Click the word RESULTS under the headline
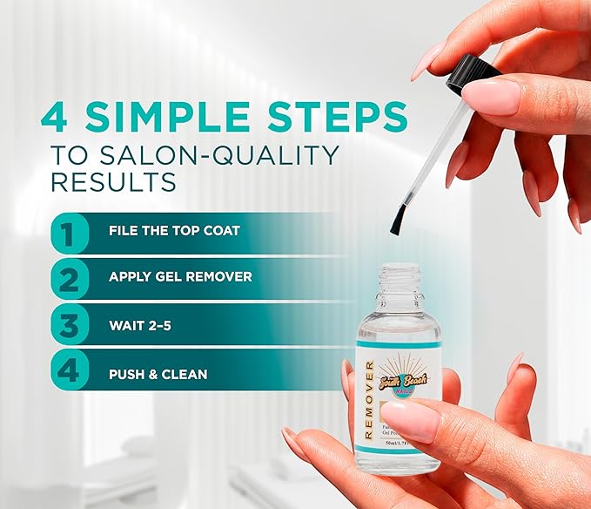[x=113, y=183]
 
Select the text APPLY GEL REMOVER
[x=180, y=277]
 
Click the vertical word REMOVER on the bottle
[x=369, y=396]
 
